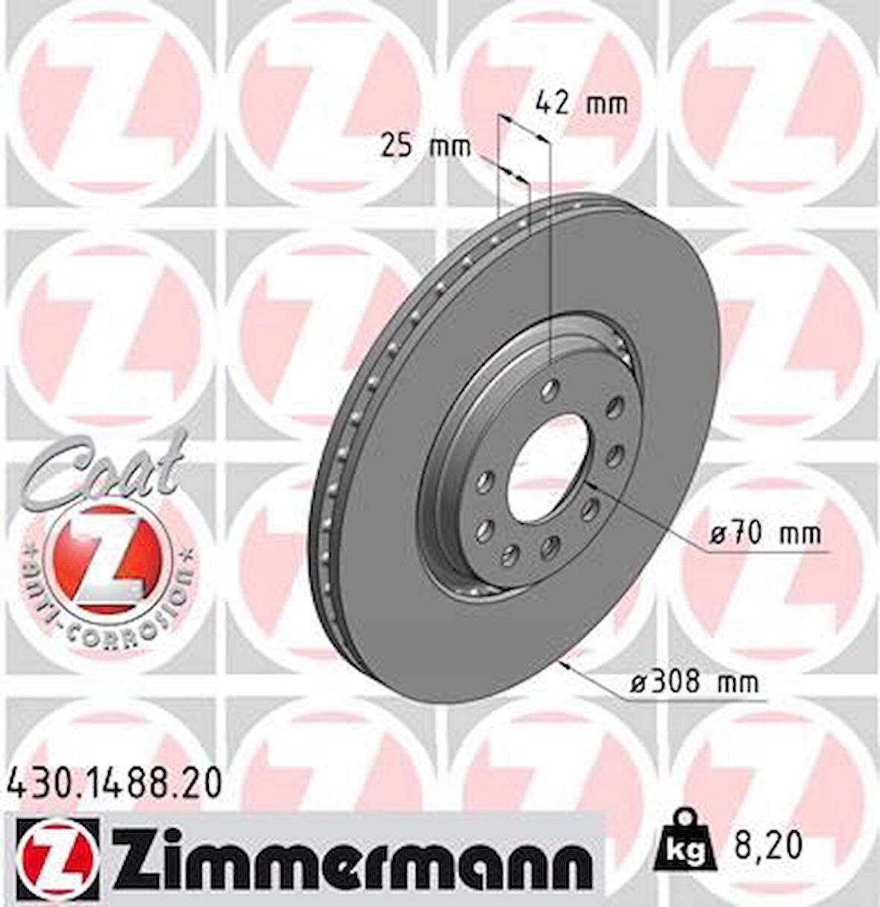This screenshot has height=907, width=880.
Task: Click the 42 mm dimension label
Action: coord(582,102)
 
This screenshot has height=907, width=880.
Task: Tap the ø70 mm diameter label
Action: coord(764,533)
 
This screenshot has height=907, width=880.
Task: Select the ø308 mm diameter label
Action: coord(695,682)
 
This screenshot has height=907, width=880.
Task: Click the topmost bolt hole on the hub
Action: coord(550,387)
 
